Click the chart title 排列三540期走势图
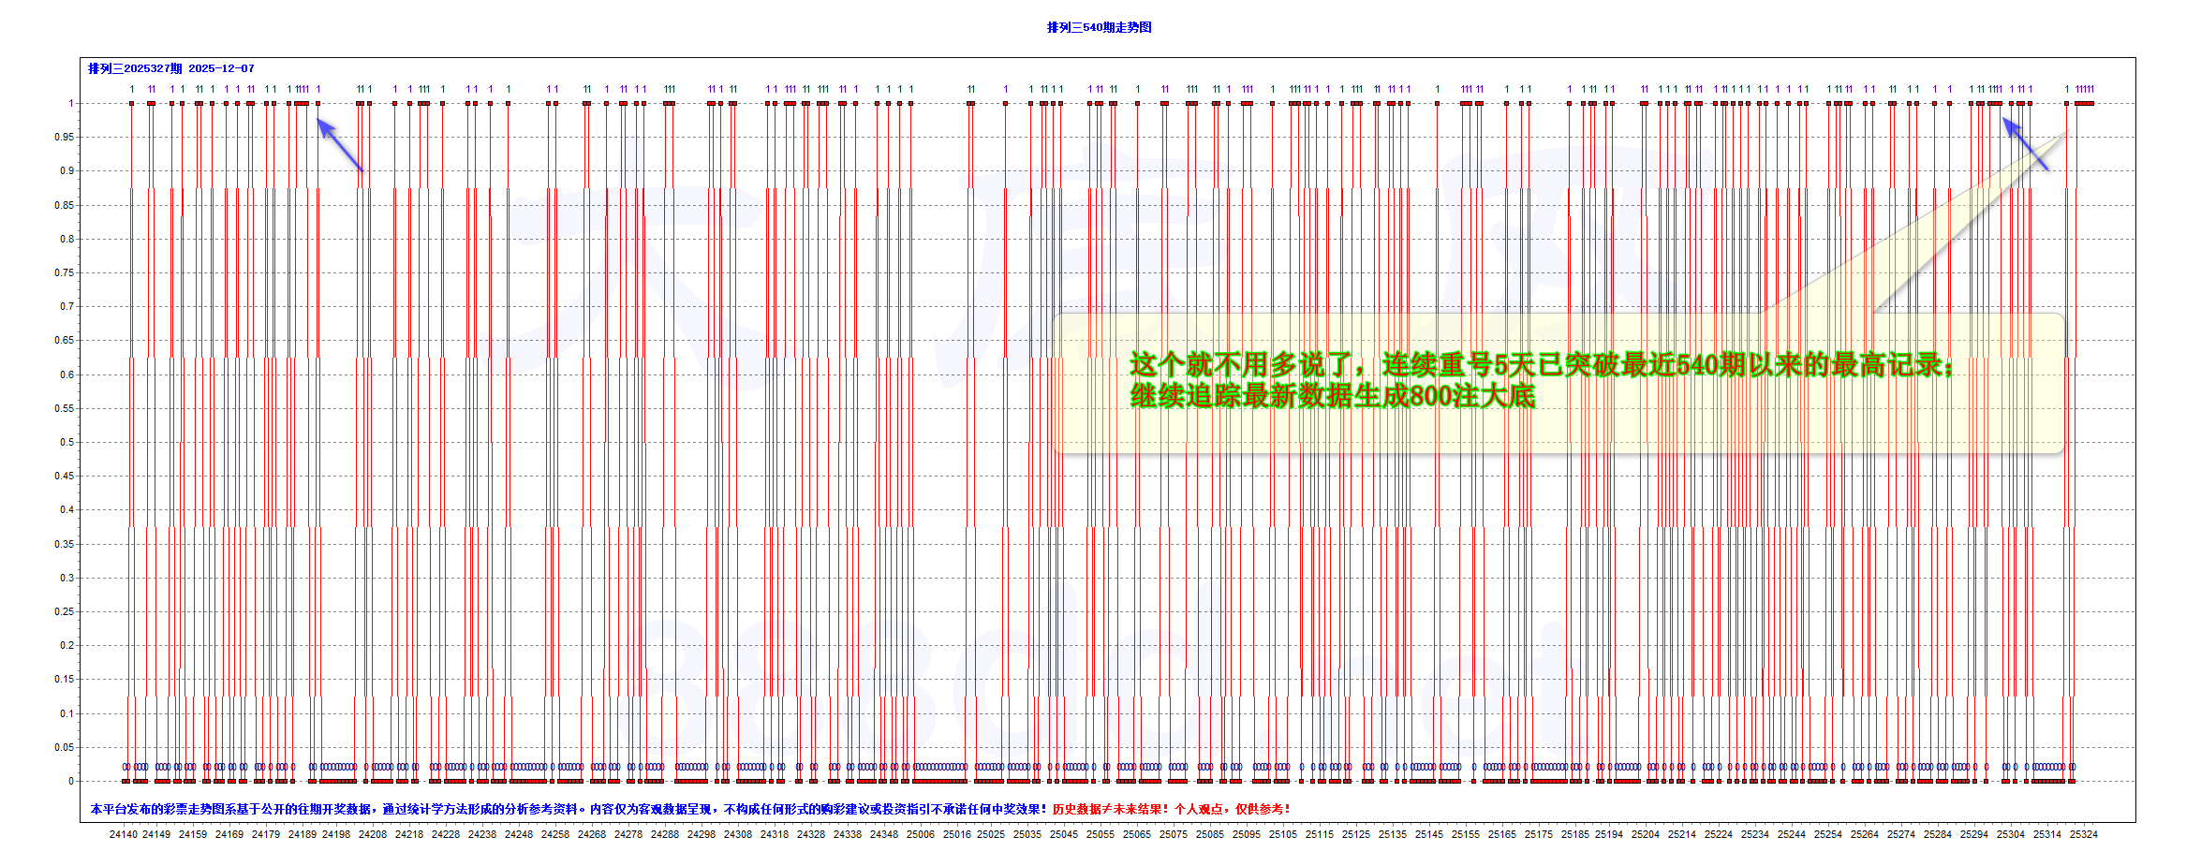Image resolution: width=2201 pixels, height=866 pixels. coord(1099,27)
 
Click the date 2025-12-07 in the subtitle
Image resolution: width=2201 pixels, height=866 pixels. coord(221,68)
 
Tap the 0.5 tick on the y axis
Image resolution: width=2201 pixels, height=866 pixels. coord(66,442)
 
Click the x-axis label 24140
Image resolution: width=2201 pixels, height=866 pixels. coord(123,834)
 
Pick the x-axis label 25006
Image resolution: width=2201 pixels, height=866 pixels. coord(920,834)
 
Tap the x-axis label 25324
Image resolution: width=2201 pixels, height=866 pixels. coord(2083,834)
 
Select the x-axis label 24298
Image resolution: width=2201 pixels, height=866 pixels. coord(701,834)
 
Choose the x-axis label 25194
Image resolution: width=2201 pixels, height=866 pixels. coord(1609,834)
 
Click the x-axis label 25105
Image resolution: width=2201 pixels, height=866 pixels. coord(1282,834)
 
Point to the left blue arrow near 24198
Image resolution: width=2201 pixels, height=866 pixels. coord(339,144)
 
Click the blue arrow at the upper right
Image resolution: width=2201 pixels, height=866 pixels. coord(2024,142)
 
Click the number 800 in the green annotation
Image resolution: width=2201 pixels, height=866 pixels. coord(1430,396)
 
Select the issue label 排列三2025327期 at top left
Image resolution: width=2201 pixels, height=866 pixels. coord(135,68)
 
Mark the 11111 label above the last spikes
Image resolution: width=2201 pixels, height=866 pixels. coord(2084,90)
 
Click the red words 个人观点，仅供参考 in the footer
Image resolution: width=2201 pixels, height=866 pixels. coord(1232,809)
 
